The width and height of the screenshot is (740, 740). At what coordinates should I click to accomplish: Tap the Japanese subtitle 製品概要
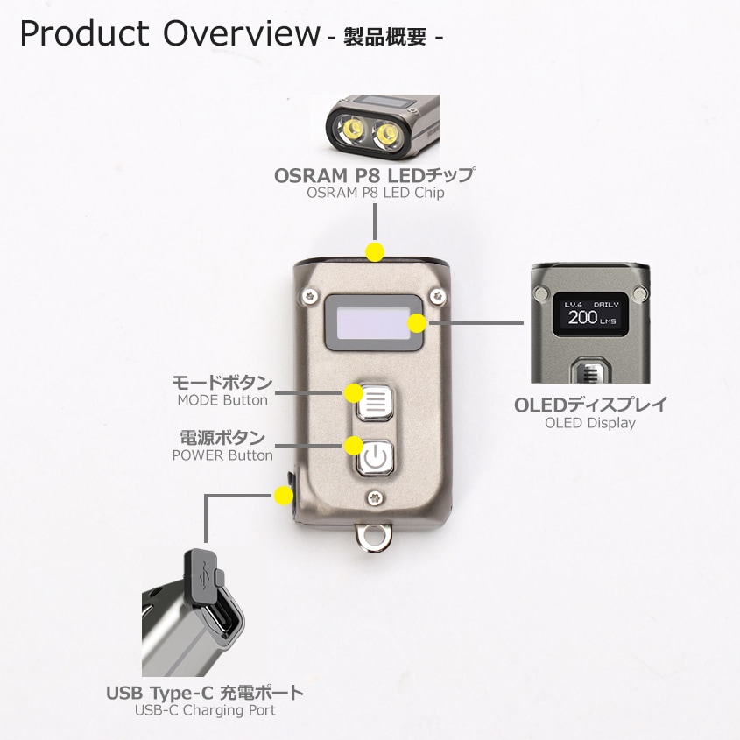point(384,38)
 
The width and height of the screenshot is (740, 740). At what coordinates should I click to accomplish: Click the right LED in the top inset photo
point(385,134)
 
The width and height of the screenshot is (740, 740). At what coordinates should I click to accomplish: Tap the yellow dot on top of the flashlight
point(375,252)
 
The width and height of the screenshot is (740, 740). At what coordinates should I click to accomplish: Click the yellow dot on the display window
point(418,323)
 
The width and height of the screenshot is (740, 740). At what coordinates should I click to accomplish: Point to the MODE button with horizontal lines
point(374,402)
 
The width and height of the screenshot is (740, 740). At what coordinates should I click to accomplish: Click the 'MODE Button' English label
point(222,400)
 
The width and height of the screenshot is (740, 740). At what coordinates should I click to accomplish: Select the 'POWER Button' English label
point(222,455)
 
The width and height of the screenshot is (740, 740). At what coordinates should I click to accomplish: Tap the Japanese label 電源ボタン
point(222,437)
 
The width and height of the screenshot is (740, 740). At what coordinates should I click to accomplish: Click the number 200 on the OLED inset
point(583,317)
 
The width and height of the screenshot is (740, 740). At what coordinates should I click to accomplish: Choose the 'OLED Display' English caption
point(590,423)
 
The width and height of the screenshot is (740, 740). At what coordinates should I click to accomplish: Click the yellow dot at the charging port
point(283,497)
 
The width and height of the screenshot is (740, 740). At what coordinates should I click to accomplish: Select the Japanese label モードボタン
point(222,383)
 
